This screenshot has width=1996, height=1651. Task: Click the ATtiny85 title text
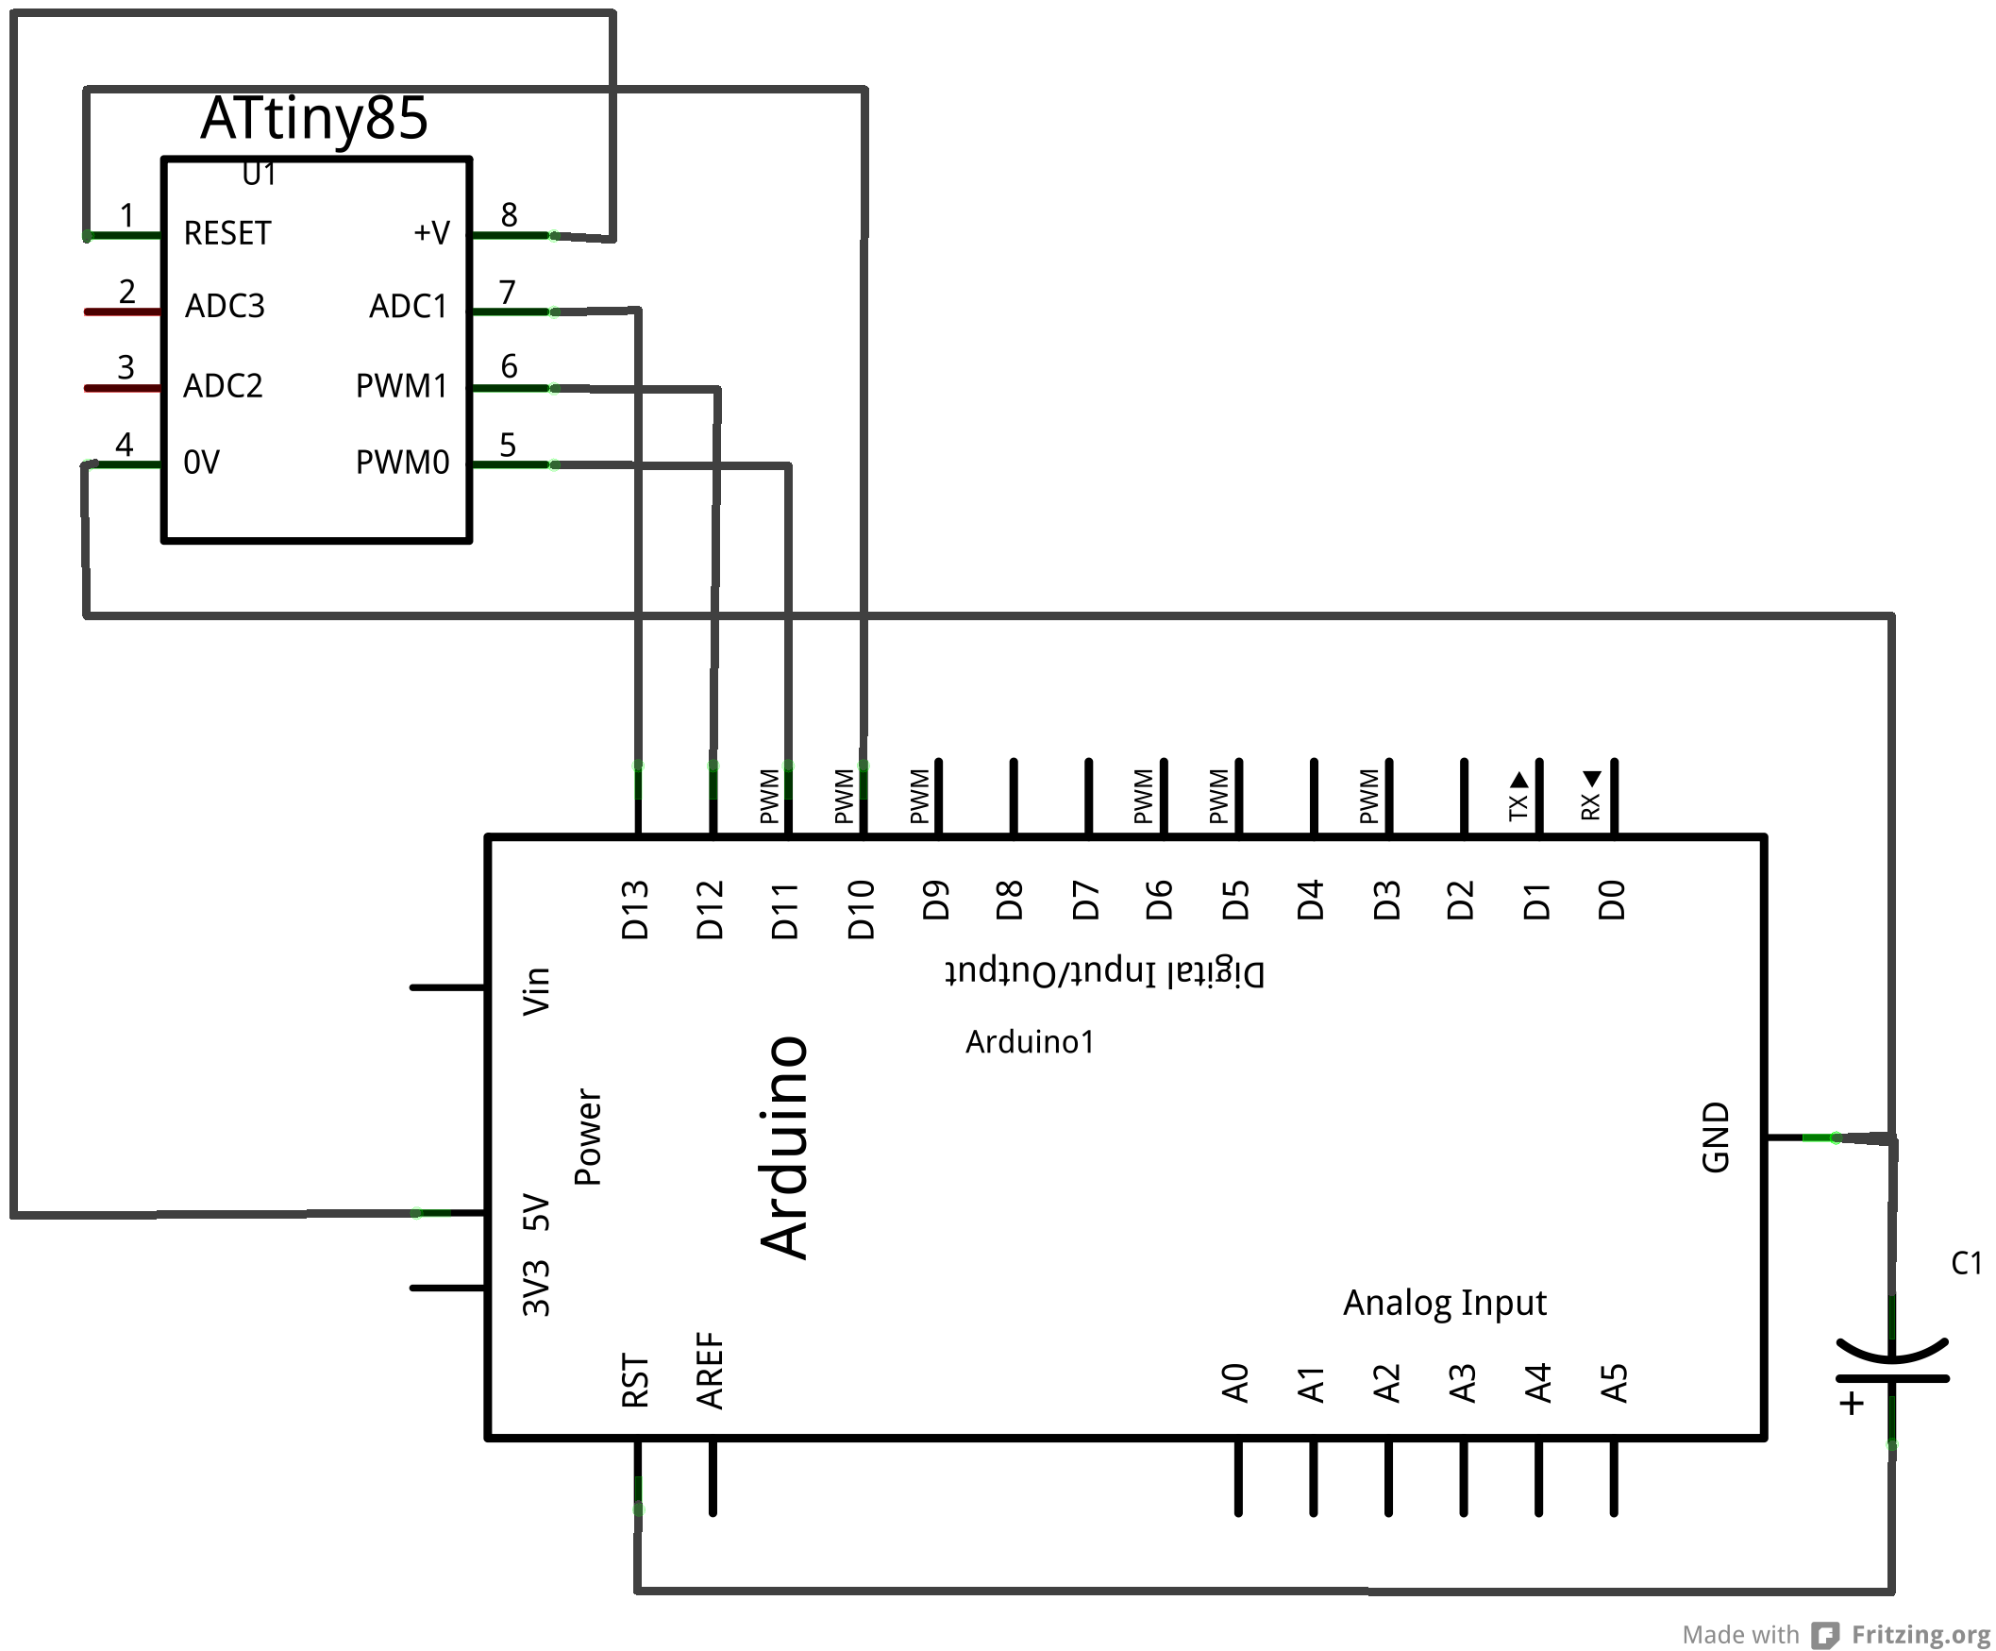pyautogui.click(x=313, y=119)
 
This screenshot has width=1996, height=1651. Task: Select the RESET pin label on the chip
pyautogui.click(x=227, y=233)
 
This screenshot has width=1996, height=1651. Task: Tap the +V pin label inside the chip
pyautogui.click(x=430, y=233)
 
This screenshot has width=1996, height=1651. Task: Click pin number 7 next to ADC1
pyautogui.click(x=508, y=292)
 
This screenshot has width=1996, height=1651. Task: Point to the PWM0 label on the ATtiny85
pyautogui.click(x=402, y=463)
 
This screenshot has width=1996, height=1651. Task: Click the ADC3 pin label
pyautogui.click(x=225, y=306)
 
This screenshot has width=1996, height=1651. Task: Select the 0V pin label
pyautogui.click(x=202, y=463)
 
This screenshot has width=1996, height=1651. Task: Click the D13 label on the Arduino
pyautogui.click(x=635, y=910)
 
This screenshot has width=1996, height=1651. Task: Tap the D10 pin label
pyautogui.click(x=861, y=910)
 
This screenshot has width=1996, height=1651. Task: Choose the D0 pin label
pyautogui.click(x=1612, y=901)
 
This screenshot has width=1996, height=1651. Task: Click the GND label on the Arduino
pyautogui.click(x=1716, y=1137)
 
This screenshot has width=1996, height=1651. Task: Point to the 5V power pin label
pyautogui.click(x=537, y=1212)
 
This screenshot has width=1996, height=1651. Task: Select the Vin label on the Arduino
pyautogui.click(x=537, y=990)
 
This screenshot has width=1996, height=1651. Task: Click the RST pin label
pyautogui.click(x=635, y=1380)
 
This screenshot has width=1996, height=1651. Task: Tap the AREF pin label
pyautogui.click(x=710, y=1370)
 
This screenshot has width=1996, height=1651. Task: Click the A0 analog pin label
pyautogui.click(x=1234, y=1383)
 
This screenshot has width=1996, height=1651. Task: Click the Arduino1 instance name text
pyautogui.click(x=1030, y=1042)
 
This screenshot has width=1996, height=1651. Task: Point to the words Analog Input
pyautogui.click(x=1444, y=1302)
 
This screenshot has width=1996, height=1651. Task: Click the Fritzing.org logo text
pyautogui.click(x=1920, y=1634)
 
